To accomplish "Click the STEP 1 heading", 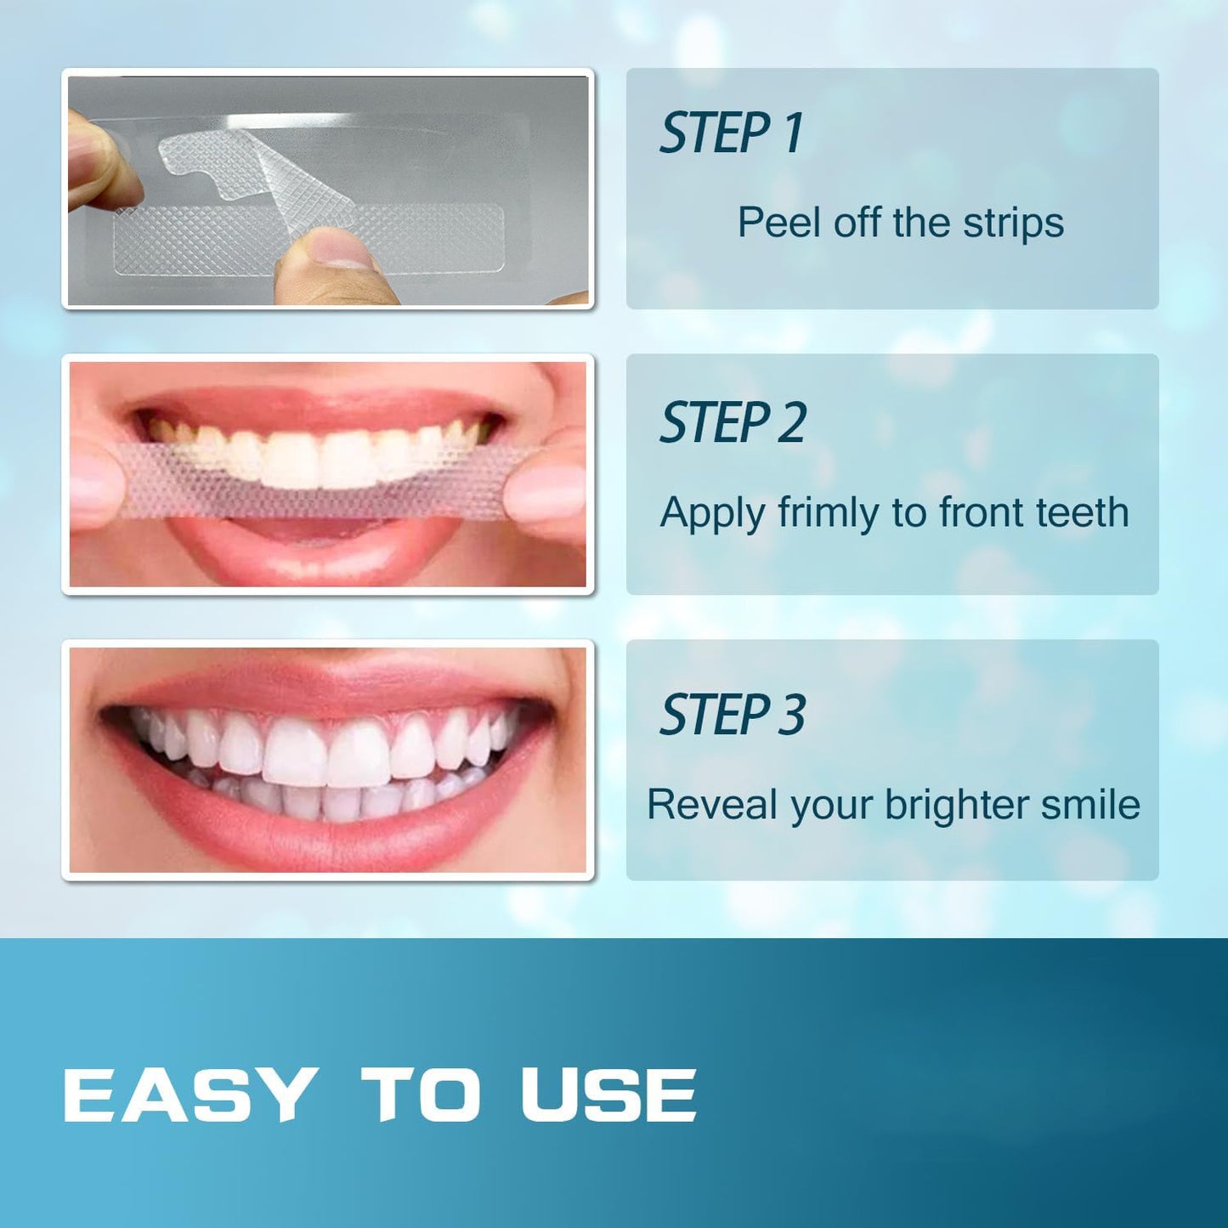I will (x=731, y=133).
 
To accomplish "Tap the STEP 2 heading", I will (x=733, y=423).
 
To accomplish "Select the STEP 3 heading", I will (x=733, y=715).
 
